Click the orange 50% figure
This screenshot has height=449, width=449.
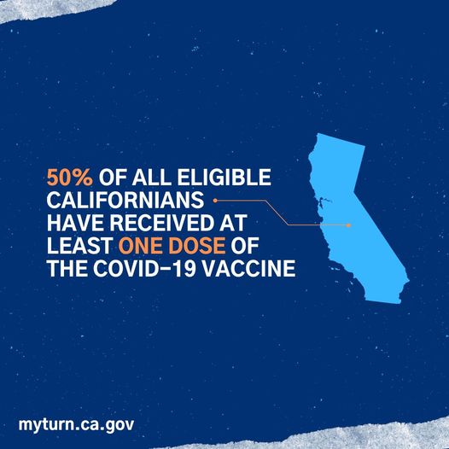[70, 178]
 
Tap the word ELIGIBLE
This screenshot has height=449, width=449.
[224, 178]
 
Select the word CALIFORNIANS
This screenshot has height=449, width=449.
[125, 200]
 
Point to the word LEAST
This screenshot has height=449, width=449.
[79, 246]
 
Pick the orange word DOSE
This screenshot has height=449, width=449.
[197, 246]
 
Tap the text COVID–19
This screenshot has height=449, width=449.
[146, 269]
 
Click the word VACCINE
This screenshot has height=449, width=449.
[250, 269]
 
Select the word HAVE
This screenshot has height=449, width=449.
[75, 223]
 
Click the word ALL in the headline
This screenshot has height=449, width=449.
[151, 178]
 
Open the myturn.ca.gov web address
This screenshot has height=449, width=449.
[76, 425]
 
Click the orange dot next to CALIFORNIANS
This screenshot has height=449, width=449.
[215, 201]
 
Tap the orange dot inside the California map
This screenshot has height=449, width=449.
[348, 225]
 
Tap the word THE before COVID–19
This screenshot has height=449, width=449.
[67, 269]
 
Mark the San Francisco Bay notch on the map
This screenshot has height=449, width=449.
[321, 201]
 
